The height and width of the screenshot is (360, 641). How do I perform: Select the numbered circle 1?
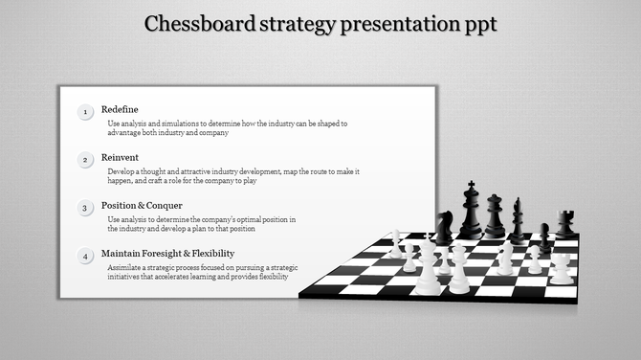(x=85, y=113)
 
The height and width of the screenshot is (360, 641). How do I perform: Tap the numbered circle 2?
(x=85, y=160)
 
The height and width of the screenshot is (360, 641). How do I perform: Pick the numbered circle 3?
(x=85, y=208)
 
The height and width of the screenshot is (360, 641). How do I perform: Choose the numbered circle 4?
(x=85, y=256)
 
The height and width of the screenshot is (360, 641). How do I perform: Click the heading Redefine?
(x=120, y=109)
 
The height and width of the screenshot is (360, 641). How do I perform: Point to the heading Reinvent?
(x=121, y=157)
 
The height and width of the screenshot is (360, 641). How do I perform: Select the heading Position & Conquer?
(x=142, y=205)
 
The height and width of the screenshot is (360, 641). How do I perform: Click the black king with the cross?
(x=471, y=212)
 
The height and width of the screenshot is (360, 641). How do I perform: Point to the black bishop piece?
(x=518, y=221)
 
